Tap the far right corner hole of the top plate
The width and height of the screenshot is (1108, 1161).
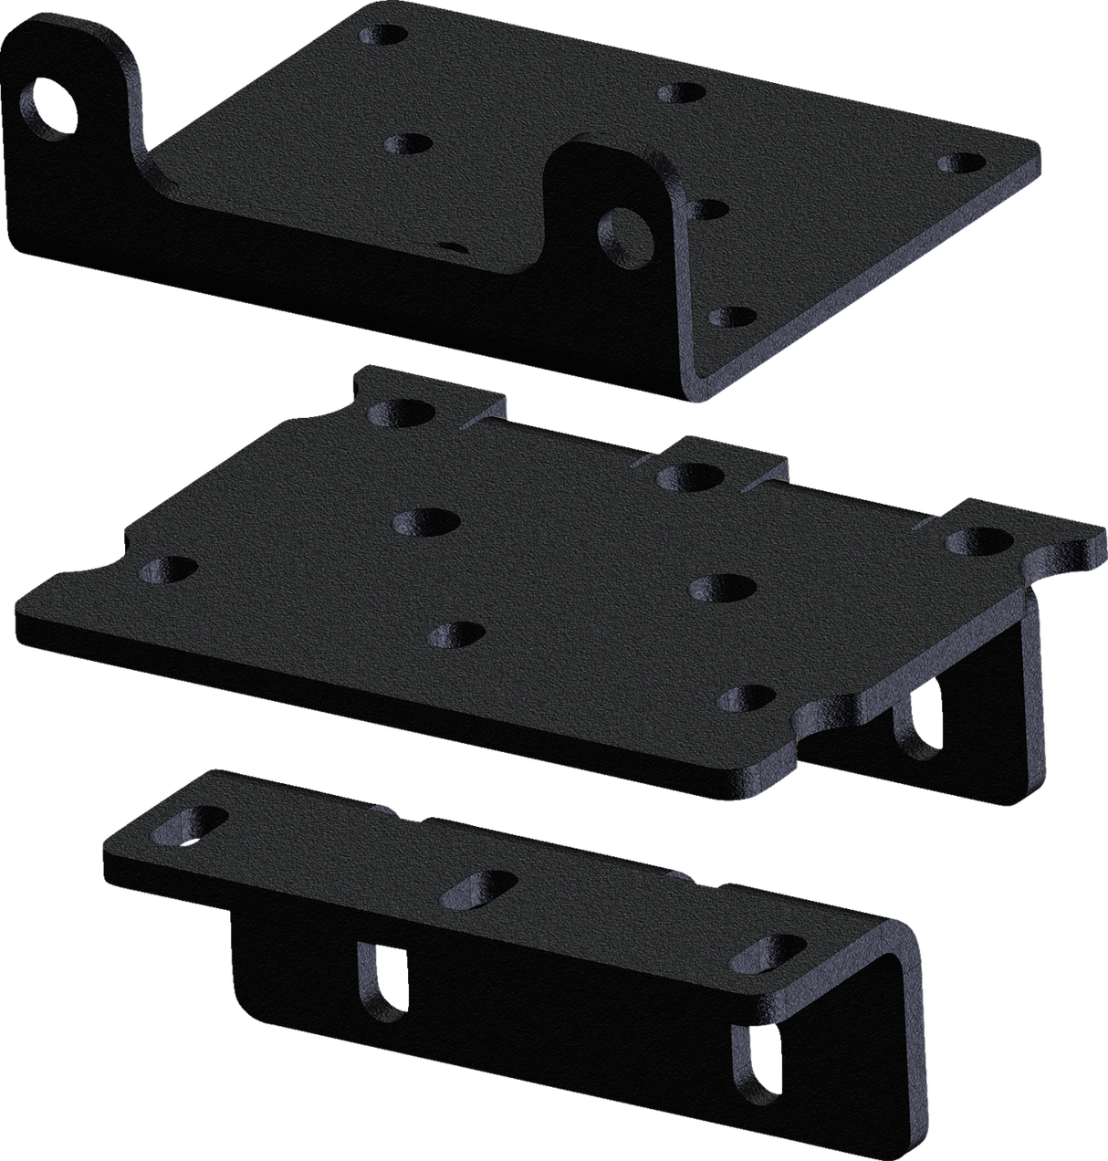[961, 163]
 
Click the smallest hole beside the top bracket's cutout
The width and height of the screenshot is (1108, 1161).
[453, 246]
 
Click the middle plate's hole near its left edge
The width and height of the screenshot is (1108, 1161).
[169, 570]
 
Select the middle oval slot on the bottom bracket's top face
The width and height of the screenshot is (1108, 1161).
[476, 890]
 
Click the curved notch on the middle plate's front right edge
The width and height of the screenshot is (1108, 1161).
[826, 717]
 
